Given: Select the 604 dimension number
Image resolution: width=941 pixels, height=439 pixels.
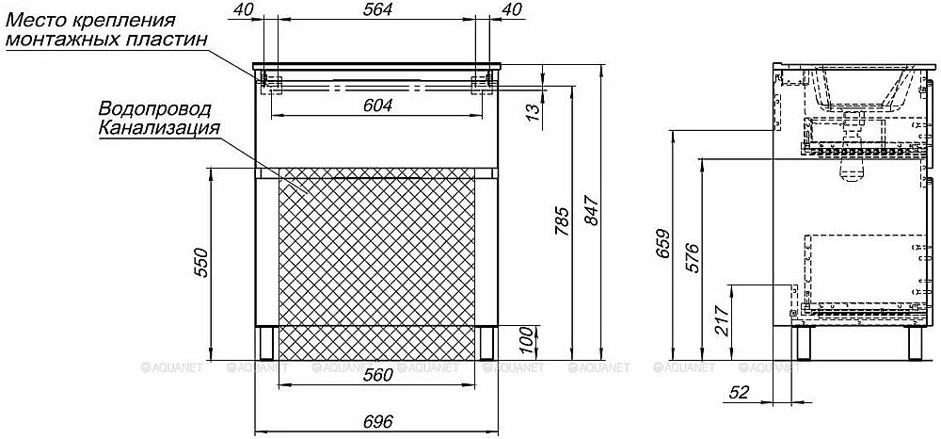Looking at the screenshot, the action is click(x=377, y=106).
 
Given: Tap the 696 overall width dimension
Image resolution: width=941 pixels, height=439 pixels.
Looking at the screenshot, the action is click(x=377, y=422).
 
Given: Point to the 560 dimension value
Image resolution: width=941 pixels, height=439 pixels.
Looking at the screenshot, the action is click(x=377, y=374).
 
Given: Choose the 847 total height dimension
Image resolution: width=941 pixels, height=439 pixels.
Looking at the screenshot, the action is click(x=591, y=209).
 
